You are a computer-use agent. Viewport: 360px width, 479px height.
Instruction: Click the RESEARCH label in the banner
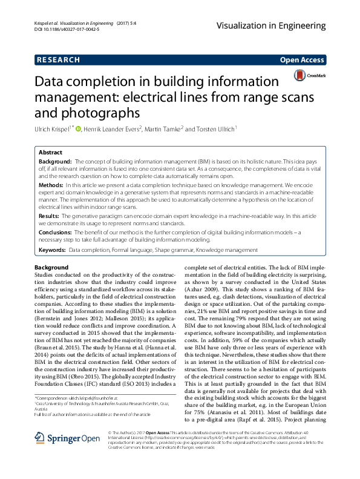click(x=58, y=60)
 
